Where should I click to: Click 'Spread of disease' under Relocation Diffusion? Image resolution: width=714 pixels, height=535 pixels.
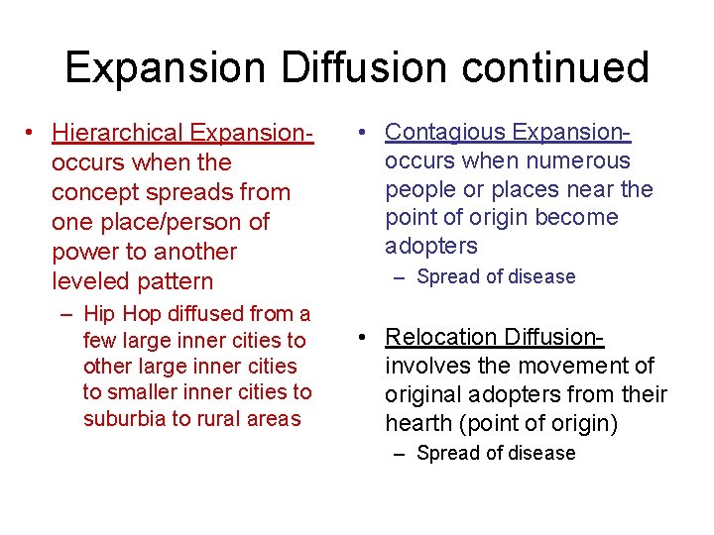[x=496, y=453]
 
